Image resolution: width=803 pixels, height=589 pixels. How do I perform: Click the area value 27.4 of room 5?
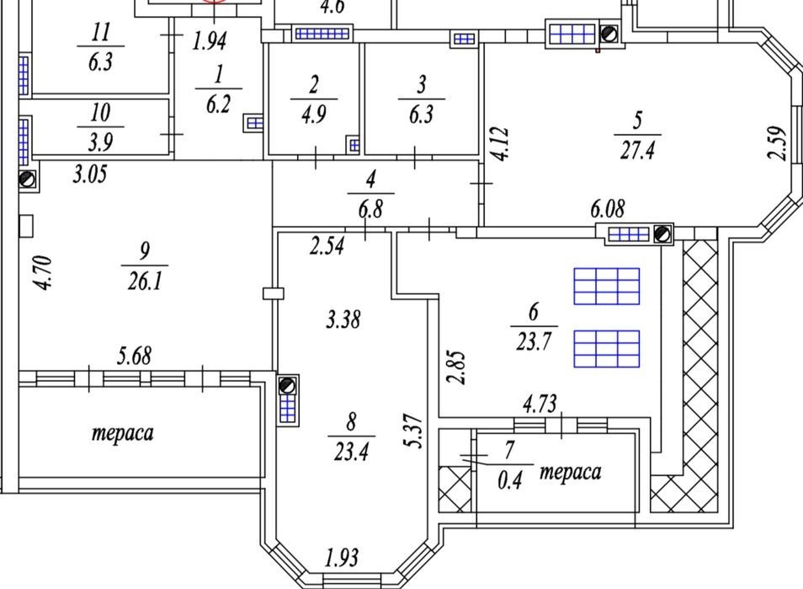(x=637, y=151)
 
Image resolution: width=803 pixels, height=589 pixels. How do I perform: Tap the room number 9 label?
(x=145, y=251)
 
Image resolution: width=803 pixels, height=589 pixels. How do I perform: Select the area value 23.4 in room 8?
(x=351, y=452)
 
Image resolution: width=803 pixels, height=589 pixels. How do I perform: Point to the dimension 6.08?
(x=608, y=209)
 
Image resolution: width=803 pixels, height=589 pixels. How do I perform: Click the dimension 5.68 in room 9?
(x=134, y=356)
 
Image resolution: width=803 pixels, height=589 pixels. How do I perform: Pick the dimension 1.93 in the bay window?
(x=342, y=557)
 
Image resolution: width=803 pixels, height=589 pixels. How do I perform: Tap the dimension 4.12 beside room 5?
(x=500, y=144)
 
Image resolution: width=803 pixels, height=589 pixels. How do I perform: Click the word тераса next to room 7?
(x=571, y=472)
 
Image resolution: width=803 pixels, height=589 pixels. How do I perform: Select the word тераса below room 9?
(x=122, y=433)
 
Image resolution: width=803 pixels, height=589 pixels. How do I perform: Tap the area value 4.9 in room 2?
(x=313, y=114)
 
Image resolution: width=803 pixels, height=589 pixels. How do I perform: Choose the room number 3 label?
(x=422, y=85)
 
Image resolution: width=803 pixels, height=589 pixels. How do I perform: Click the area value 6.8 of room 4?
(x=370, y=209)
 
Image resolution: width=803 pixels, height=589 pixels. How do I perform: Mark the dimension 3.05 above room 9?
(x=90, y=174)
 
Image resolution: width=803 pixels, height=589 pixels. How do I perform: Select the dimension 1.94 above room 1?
(x=210, y=41)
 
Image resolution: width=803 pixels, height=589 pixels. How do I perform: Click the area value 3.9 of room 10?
(x=100, y=142)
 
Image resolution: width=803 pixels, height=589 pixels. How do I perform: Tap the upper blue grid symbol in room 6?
(x=606, y=286)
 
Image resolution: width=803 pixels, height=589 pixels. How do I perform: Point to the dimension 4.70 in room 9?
(x=43, y=273)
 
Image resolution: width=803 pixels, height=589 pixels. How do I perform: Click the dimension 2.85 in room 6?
(x=455, y=367)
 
